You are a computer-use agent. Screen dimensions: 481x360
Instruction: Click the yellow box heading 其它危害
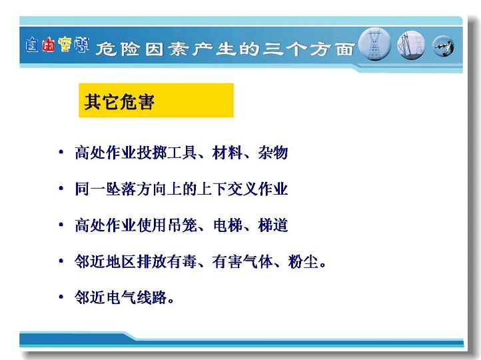(x=156, y=101)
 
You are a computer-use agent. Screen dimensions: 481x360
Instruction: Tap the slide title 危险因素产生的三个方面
(x=225, y=49)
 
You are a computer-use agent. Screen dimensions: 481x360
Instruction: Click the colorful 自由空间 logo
(x=57, y=45)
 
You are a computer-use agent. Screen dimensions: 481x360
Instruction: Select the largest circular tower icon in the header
(x=374, y=44)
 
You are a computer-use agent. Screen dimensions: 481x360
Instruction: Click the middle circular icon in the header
(x=411, y=45)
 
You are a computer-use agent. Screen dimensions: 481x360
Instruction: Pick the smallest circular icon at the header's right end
(x=443, y=47)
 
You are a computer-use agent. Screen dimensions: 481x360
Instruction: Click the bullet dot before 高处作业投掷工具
(x=61, y=152)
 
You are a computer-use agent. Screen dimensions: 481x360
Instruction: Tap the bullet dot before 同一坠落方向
(x=61, y=188)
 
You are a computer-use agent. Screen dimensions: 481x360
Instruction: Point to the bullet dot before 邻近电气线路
(x=61, y=297)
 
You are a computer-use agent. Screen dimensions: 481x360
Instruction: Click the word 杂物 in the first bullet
(x=273, y=153)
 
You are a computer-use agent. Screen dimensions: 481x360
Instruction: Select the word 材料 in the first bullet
(x=227, y=153)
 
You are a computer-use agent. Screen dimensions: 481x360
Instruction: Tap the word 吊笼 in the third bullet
(x=182, y=225)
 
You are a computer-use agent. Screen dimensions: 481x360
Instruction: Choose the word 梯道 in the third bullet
(x=273, y=225)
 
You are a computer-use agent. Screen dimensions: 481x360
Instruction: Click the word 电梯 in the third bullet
(x=227, y=225)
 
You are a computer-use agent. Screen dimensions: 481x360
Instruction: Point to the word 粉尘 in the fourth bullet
(x=303, y=261)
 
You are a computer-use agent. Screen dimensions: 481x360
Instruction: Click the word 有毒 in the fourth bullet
(x=182, y=261)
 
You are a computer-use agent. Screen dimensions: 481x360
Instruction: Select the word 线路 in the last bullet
(x=151, y=297)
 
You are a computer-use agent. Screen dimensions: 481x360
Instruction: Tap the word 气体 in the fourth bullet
(x=258, y=261)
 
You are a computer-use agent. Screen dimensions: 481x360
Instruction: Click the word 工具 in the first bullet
(x=182, y=153)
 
